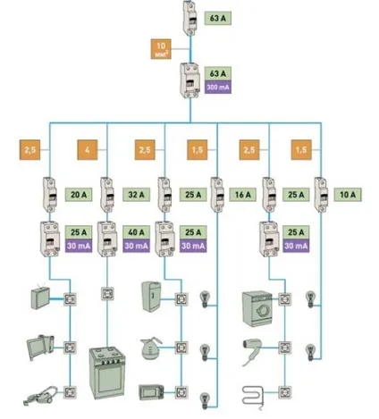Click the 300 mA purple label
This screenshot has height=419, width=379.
click(217, 88)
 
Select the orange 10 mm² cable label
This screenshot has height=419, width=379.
click(161, 49)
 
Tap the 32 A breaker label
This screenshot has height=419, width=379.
click(136, 195)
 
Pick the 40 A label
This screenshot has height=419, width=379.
click(136, 232)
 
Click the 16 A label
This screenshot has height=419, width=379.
click(243, 195)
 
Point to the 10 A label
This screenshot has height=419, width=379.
click(348, 195)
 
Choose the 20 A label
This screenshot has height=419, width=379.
click(79, 195)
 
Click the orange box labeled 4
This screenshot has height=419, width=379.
click(88, 150)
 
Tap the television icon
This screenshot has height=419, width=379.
click(40, 297)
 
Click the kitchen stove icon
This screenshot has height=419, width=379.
click(107, 373)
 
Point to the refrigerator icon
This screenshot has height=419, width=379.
click(151, 297)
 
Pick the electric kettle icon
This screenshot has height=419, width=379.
click(151, 348)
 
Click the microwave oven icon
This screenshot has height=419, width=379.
click(151, 392)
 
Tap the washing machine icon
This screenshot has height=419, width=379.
click(257, 309)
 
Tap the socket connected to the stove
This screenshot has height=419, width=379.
click(107, 294)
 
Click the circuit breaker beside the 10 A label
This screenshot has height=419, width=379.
click(321, 195)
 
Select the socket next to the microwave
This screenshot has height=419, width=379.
click(181, 392)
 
